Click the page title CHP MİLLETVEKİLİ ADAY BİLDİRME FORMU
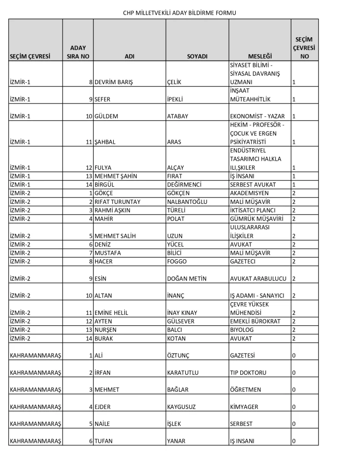pyautogui.click(x=180, y=13)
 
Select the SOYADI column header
pyautogui.click(x=197, y=56)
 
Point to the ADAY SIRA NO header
pyautogui.click(x=78, y=52)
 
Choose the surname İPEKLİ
pyautogui.click(x=177, y=99)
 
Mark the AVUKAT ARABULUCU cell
pyautogui.click(x=258, y=279)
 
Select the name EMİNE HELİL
pyautogui.click(x=112, y=313)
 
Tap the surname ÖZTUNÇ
pyautogui.click(x=180, y=355)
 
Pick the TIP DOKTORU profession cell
pyautogui.click(x=248, y=373)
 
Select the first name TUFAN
pyautogui.click(x=105, y=441)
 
